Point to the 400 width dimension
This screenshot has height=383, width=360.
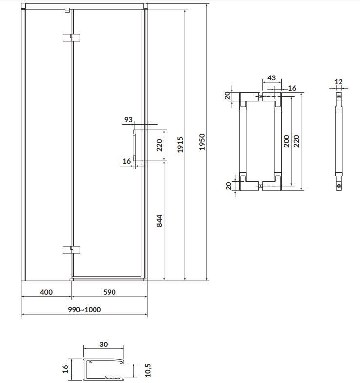(x=46, y=292)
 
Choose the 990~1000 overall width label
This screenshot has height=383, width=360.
(x=84, y=310)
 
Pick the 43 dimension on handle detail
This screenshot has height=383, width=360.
(x=272, y=78)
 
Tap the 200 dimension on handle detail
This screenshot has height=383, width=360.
(x=286, y=141)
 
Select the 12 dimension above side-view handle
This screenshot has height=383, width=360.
(x=339, y=82)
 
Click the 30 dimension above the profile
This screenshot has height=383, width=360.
(x=103, y=344)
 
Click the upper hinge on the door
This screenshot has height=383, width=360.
(x=72, y=37)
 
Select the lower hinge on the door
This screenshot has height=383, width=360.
(x=72, y=249)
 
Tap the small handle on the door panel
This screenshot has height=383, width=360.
(x=135, y=145)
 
